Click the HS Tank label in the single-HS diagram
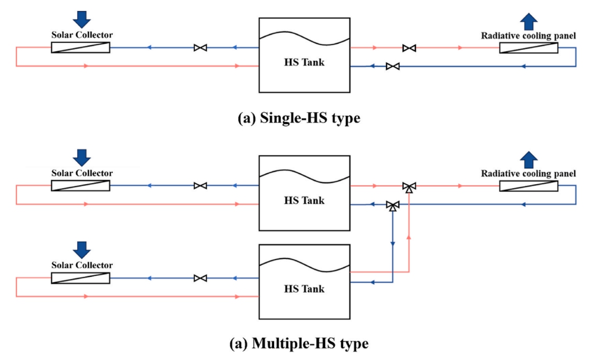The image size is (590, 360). click(304, 62)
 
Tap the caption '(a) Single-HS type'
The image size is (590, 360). click(299, 118)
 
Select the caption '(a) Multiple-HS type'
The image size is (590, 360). click(299, 343)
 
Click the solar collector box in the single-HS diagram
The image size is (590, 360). click(80, 48)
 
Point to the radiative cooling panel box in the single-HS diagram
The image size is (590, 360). click(529, 48)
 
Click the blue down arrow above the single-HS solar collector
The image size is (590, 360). click(81, 19)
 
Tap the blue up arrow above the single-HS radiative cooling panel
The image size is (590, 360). click(529, 22)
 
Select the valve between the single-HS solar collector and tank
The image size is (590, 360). click(200, 48)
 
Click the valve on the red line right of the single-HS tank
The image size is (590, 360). click(409, 48)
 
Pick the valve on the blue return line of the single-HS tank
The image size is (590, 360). click(393, 67)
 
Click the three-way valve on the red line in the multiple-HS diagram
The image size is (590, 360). click(409, 187)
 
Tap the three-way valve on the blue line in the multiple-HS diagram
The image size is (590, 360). click(393, 206)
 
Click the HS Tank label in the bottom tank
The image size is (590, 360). click(304, 289)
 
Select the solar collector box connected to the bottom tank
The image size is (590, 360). click(80, 278)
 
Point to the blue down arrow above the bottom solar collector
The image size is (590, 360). click(81, 250)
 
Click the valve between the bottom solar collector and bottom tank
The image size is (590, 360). click(200, 278)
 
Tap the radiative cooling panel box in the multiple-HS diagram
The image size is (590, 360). click(529, 186)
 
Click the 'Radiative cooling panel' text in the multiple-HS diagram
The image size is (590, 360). click(528, 174)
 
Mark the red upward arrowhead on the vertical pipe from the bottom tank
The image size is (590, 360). click(409, 237)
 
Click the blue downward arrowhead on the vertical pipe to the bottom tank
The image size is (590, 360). click(393, 244)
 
